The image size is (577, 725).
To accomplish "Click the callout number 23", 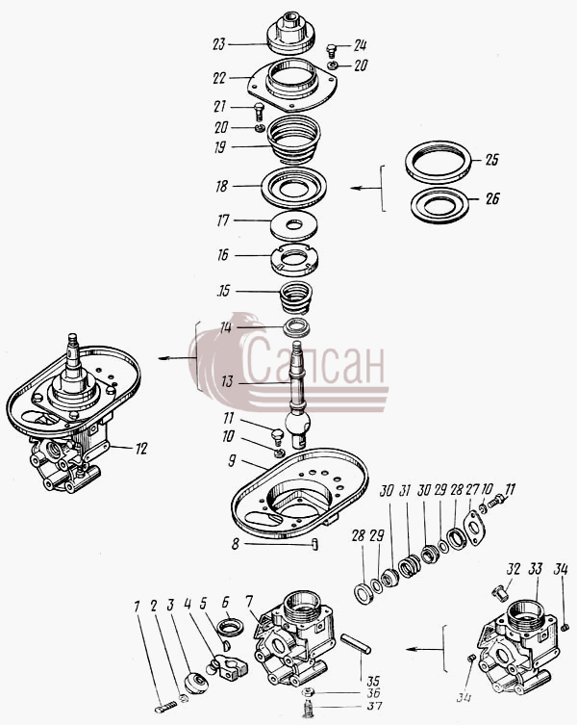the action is click(219, 44).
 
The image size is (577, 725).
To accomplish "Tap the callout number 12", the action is click(141, 448).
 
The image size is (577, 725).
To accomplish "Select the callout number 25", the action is click(492, 160).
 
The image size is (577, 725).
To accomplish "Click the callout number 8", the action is click(236, 544).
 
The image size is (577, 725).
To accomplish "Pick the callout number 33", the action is click(536, 569).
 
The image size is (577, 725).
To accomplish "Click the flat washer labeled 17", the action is click(294, 225).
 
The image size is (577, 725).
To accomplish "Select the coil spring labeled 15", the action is click(296, 298).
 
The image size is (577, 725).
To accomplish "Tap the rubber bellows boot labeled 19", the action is click(293, 141).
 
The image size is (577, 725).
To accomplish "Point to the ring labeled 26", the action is click(439, 206).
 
